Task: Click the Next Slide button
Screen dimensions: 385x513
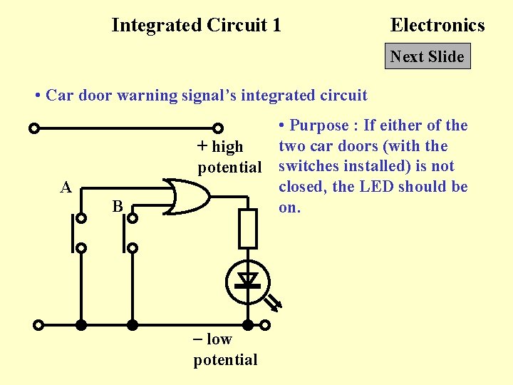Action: click(427, 57)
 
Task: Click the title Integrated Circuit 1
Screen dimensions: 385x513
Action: click(196, 26)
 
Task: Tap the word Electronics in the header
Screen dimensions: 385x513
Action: click(437, 26)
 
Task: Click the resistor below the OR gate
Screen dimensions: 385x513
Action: click(247, 228)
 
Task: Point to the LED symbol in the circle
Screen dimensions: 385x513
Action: click(247, 281)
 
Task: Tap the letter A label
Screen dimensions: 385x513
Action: click(66, 188)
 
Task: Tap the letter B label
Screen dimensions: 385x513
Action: click(118, 207)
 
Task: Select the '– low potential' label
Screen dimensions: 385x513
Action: click(225, 349)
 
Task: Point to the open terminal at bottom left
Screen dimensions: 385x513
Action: click(38, 325)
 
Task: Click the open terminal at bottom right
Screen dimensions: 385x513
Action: click(264, 325)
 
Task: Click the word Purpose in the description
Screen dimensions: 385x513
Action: click(319, 126)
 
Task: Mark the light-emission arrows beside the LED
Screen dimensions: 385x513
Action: click(273, 302)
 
